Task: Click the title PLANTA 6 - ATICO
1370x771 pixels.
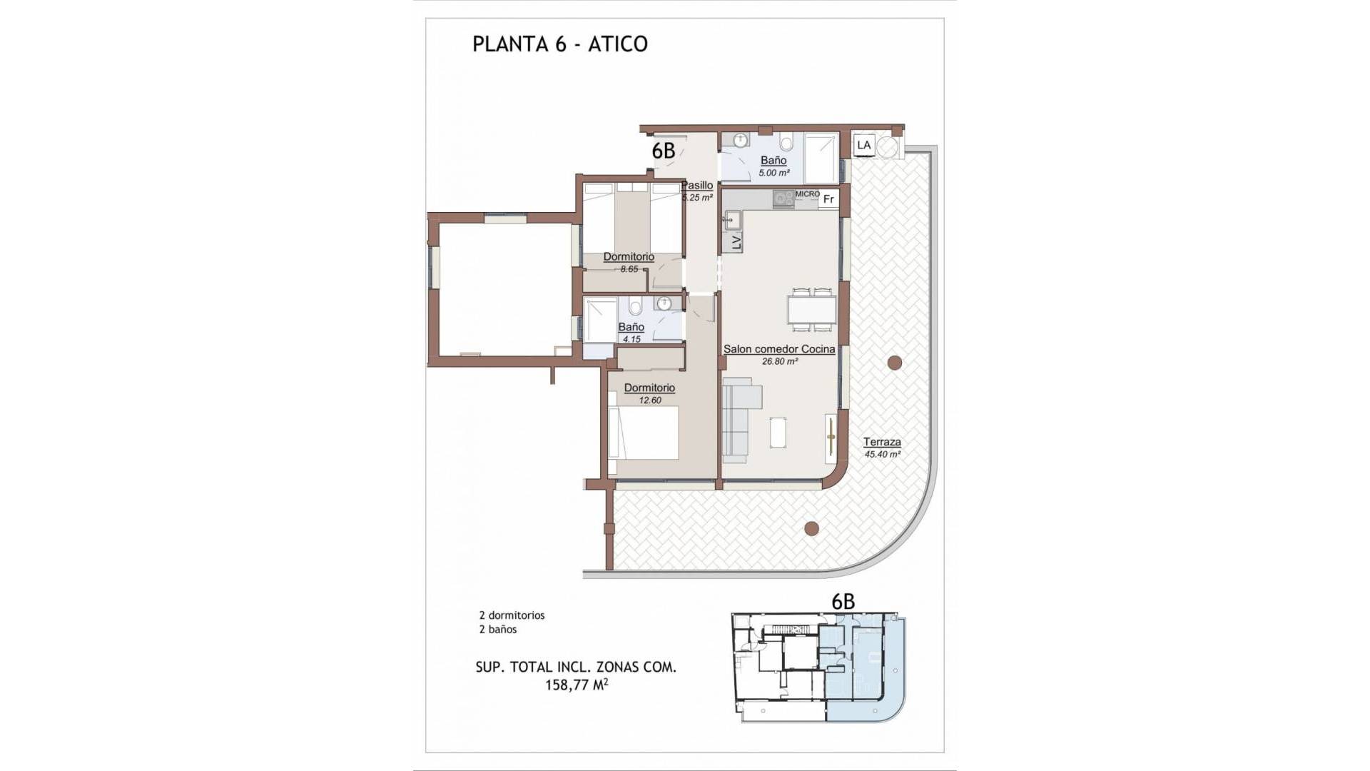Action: coord(560,44)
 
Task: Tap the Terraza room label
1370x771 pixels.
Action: coord(882,442)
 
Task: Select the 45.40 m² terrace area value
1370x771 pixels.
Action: coord(882,454)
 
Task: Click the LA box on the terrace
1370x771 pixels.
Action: coord(864,145)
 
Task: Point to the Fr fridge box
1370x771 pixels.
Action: coord(828,199)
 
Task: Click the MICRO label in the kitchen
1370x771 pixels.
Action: coord(807,194)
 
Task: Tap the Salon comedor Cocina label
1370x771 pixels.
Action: coord(779,349)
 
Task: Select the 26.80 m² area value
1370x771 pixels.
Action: coord(779,361)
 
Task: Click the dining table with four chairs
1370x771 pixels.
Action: coord(812,310)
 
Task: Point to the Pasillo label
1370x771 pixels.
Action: coord(697,186)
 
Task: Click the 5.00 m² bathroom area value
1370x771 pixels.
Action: coord(773,173)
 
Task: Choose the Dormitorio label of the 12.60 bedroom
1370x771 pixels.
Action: coord(649,388)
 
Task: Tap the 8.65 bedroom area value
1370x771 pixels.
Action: coord(629,269)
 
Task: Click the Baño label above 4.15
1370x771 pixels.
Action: coord(631,327)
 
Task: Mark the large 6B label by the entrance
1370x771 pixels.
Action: coord(663,151)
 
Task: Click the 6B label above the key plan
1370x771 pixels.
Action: coord(843,602)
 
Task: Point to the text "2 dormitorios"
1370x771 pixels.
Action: coord(512,615)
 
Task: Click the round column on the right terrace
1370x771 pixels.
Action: coord(894,363)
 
